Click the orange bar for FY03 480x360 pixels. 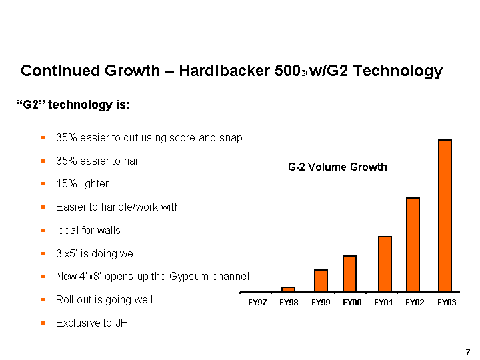(445, 215)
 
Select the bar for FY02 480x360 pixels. (413, 245)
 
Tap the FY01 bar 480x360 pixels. (385, 264)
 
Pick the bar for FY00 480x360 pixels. (350, 273)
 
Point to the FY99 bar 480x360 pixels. (321, 281)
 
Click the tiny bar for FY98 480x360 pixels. (288, 289)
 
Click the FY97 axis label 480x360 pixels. (257, 303)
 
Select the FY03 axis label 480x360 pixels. (447, 303)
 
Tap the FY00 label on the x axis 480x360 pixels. (352, 303)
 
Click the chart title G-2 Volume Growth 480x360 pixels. (337, 167)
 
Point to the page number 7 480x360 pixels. (468, 351)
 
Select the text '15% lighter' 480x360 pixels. (82, 183)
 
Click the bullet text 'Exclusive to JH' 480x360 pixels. (92, 323)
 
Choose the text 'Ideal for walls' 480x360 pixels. (88, 230)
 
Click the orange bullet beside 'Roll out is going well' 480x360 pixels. (42, 300)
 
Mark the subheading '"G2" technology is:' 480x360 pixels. (72, 105)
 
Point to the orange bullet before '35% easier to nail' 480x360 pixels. (42, 161)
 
